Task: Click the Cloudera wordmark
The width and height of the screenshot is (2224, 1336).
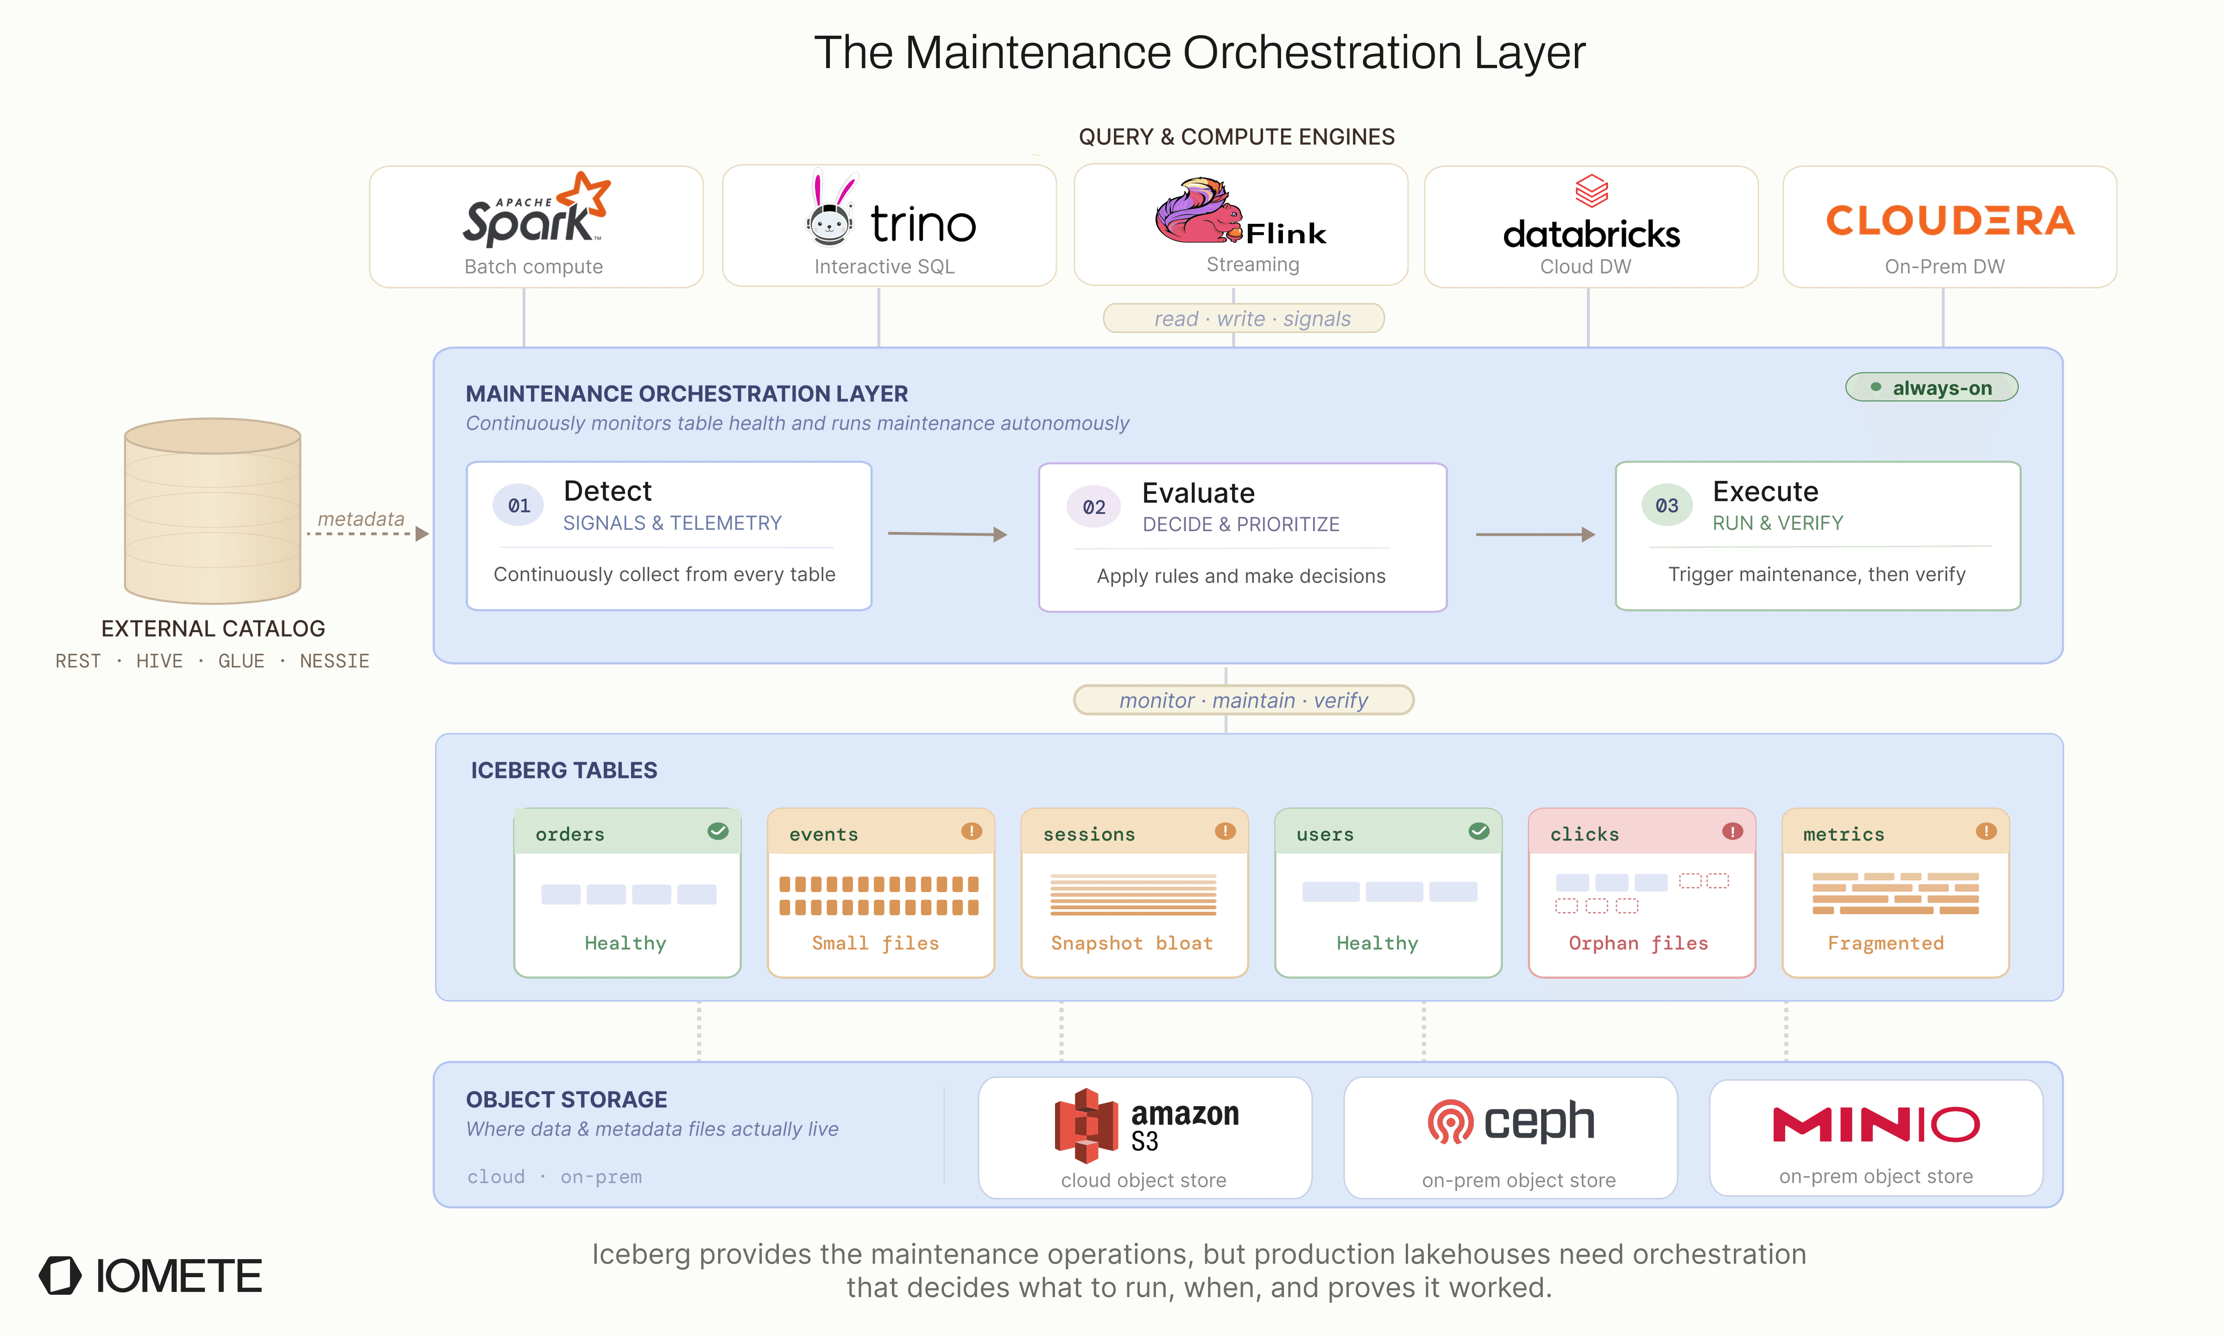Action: tap(1950, 221)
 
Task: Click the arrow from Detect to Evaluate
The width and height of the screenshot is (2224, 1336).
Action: tap(947, 534)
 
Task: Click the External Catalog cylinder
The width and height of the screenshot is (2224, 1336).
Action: tap(212, 511)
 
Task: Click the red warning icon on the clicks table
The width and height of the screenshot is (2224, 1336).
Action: tap(1732, 831)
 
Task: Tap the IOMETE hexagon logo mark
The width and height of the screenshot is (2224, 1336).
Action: tap(60, 1276)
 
